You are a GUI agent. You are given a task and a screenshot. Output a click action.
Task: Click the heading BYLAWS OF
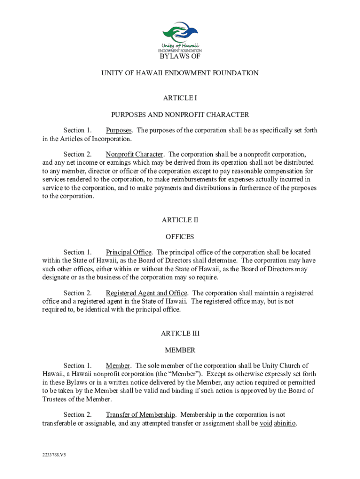tap(180, 57)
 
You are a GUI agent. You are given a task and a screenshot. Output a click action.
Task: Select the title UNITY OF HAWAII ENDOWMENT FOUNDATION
tap(180, 73)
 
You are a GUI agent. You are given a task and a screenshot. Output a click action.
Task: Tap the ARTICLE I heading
tap(180, 98)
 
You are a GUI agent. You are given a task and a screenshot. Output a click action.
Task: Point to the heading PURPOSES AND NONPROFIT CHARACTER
tap(180, 114)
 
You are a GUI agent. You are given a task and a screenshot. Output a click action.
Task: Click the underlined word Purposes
tap(119, 131)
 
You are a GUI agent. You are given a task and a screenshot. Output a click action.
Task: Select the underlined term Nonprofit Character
tap(135, 154)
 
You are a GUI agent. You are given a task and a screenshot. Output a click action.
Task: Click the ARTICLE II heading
tap(180, 220)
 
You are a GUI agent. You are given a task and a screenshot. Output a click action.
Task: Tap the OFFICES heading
tap(180, 237)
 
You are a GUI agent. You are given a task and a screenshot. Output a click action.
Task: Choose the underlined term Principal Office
tap(129, 253)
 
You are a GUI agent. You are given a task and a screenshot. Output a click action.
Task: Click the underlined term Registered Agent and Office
tap(146, 293)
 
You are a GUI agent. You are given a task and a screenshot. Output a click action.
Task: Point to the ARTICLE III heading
tap(180, 334)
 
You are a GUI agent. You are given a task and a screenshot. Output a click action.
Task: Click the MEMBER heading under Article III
tap(180, 350)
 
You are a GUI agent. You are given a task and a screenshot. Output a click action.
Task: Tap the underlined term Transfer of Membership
tap(140, 415)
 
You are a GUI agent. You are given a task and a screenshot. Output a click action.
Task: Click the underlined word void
tap(266, 423)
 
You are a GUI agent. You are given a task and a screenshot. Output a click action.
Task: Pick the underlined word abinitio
tap(285, 423)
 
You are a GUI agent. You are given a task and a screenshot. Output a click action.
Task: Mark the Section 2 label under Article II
tap(77, 293)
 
